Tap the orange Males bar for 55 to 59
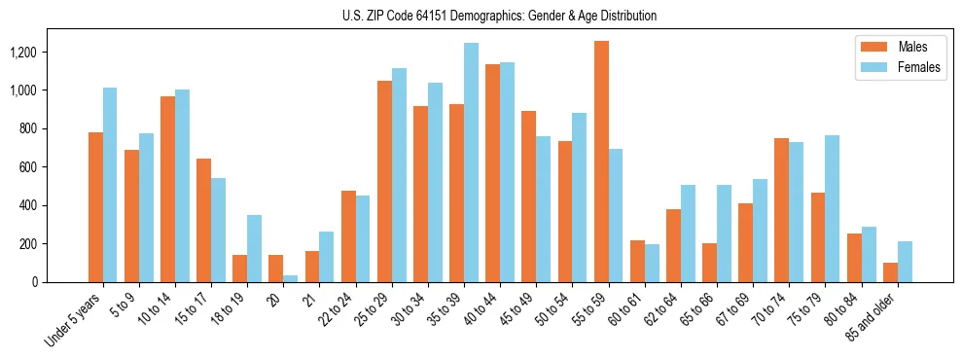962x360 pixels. [x=601, y=162]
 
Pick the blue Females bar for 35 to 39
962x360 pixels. [x=471, y=162]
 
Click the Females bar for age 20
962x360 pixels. [x=291, y=278]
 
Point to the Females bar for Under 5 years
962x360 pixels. [x=110, y=185]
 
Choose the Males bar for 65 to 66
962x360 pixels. [x=709, y=263]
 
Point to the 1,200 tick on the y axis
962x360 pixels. [x=39, y=52]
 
